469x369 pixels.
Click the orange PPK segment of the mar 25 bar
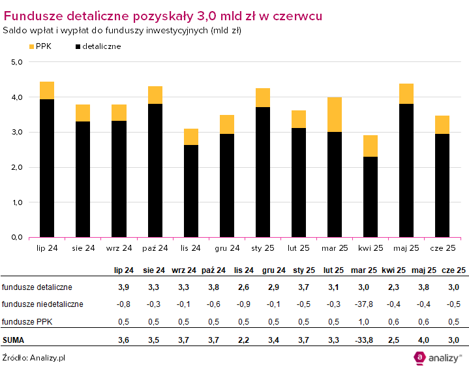tap(335, 114)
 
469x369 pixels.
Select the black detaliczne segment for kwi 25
tap(371, 197)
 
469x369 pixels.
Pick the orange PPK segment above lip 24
tap(47, 90)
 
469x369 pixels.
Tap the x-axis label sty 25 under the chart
tap(263, 248)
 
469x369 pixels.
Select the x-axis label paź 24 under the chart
tap(155, 248)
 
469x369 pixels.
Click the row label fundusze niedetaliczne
tap(42, 304)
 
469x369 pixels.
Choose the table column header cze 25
tap(453, 270)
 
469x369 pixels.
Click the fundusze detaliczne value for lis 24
tap(240, 287)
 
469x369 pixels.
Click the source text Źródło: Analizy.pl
tap(33, 357)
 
